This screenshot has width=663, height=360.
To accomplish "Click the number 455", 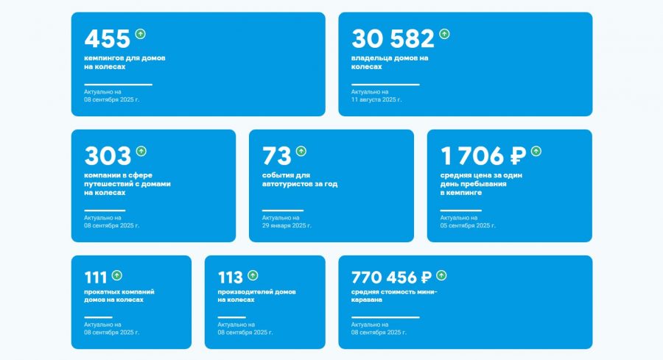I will pos(107,38).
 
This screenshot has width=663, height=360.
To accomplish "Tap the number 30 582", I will pos(393,38).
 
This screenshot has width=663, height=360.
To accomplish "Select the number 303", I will pos(108,155).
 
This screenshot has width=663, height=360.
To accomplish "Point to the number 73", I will pos(277,155).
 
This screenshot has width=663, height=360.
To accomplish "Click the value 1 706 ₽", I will pos(483,155).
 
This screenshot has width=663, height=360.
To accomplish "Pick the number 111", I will pos(96,278).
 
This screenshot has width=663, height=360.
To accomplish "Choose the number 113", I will pos(231,278).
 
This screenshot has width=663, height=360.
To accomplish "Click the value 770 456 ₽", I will pos(392,278).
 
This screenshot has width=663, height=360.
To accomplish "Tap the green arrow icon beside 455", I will pos(141,34).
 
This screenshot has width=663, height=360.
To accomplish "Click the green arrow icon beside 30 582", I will pos(444,34).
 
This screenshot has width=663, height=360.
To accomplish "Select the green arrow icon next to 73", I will pos(301,151).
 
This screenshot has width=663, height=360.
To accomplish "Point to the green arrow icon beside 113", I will pos(253,275).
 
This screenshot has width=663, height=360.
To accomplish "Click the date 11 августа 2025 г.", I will pos(376,99).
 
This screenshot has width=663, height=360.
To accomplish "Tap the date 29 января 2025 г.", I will pos(287,225).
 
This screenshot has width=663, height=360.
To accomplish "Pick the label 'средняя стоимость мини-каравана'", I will pos(394,296).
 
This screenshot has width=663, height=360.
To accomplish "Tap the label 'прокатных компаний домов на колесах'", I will pos(119,296).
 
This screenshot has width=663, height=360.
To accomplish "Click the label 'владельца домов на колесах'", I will pos(390,62).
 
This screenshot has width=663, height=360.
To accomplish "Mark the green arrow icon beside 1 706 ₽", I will pos(536,151).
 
